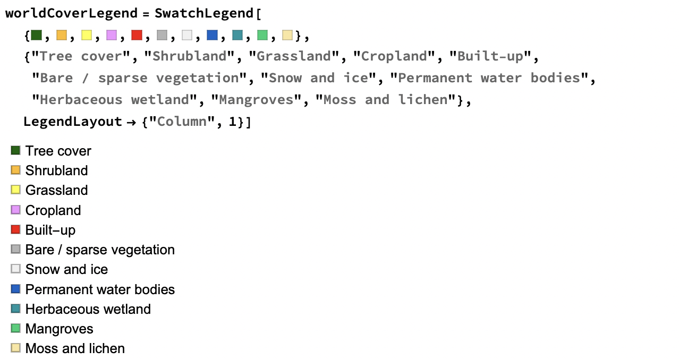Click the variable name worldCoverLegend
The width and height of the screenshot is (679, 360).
coord(72,13)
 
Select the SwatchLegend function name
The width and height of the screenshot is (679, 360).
coord(204,13)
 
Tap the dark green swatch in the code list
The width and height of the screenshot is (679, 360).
coord(36,35)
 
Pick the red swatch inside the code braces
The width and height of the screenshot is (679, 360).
coord(137,35)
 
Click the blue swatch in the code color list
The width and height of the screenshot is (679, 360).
coord(212,35)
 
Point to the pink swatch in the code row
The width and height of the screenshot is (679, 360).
coord(112,35)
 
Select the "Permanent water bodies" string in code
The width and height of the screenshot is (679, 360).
coord(489,78)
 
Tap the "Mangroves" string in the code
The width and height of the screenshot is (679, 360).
coord(256,100)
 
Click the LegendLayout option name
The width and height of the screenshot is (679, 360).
coord(73,122)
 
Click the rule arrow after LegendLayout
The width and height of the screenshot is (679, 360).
coord(131,122)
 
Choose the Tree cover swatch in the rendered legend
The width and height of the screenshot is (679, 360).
coord(15,150)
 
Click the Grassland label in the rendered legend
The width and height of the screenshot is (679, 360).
coord(57,190)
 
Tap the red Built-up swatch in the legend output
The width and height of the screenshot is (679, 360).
coord(15,229)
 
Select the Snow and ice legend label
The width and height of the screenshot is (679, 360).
coord(67,269)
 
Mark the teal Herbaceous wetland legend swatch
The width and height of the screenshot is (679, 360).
coord(15,308)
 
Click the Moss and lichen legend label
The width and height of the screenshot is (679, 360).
coord(75,348)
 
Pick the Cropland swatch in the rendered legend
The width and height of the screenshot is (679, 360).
coord(15,210)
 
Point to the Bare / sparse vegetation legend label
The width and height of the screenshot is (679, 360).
coord(100,250)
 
